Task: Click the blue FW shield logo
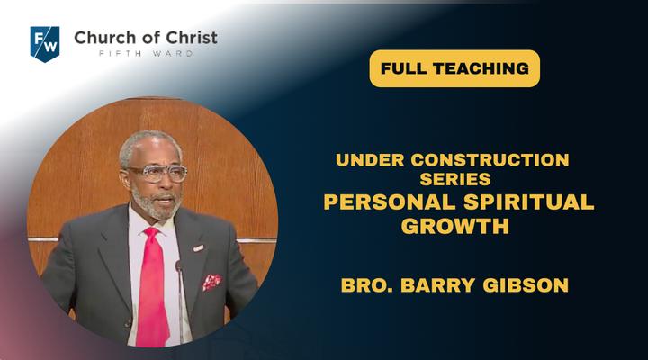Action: click(45, 44)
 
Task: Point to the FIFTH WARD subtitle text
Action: click(146, 54)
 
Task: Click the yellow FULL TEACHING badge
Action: click(454, 68)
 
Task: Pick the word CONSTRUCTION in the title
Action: click(490, 160)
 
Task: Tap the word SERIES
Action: click(455, 179)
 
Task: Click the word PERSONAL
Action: click(390, 202)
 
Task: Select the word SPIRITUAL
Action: click(529, 202)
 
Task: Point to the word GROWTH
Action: click(455, 226)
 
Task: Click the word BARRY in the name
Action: click(438, 285)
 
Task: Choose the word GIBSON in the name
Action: click(526, 285)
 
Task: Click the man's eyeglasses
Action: click(157, 173)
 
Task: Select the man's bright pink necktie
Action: click(152, 289)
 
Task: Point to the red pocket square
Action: click(211, 283)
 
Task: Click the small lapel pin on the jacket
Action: click(198, 248)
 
